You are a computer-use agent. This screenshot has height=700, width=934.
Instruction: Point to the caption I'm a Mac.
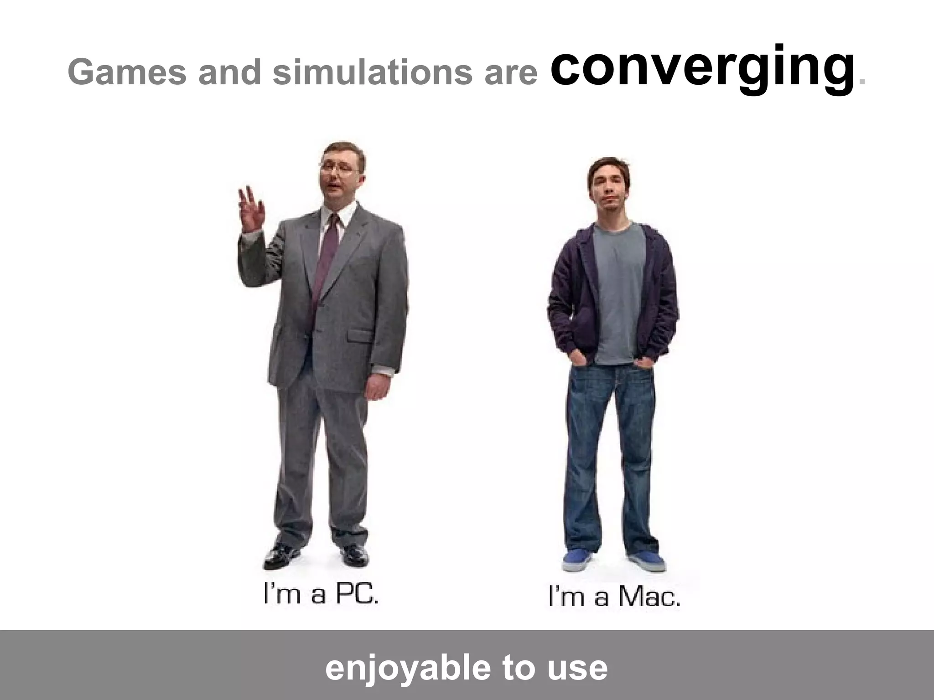point(614,597)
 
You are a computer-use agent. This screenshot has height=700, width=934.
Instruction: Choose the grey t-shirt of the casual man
point(618,292)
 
